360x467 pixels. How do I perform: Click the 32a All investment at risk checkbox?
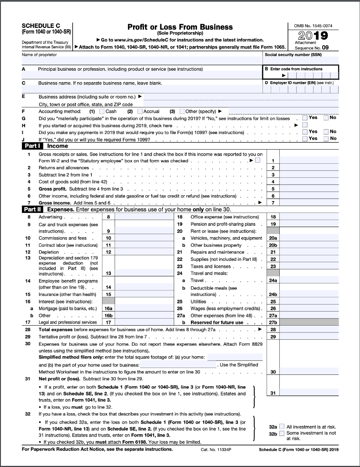281,426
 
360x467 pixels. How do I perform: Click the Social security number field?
301,60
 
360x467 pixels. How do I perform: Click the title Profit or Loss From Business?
180,27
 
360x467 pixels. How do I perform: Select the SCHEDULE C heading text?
41,26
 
